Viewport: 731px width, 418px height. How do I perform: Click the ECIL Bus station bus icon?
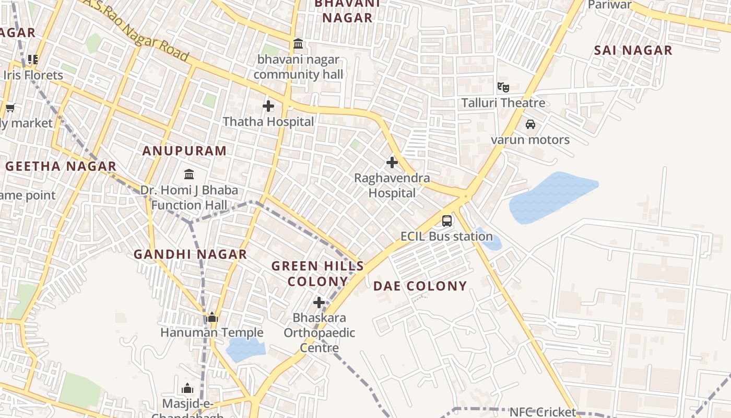tap(447, 220)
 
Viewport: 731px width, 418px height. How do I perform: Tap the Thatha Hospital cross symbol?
tap(268, 106)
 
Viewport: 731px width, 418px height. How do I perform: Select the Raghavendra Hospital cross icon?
tap(392, 162)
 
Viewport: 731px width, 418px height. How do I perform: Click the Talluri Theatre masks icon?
tap(503, 87)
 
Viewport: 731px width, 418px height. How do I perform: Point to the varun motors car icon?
tap(530, 124)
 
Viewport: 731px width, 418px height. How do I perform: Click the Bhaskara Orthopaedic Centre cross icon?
tap(319, 303)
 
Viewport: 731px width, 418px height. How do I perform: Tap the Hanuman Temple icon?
tap(212, 317)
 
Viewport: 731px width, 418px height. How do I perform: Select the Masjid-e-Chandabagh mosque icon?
tap(187, 388)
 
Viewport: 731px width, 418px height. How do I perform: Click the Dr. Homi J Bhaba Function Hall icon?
tap(189, 173)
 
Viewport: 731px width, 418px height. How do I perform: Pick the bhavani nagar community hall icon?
tap(298, 44)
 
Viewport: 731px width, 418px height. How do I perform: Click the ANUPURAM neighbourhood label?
tap(185, 151)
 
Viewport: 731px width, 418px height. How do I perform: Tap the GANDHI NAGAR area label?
tap(190, 254)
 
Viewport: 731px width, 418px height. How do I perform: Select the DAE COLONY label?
tap(420, 286)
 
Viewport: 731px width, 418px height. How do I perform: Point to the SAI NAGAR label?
tap(633, 51)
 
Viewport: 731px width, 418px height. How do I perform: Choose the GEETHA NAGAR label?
tap(61, 167)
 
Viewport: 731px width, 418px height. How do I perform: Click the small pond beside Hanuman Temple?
tap(244, 349)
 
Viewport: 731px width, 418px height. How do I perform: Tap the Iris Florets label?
tap(33, 75)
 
